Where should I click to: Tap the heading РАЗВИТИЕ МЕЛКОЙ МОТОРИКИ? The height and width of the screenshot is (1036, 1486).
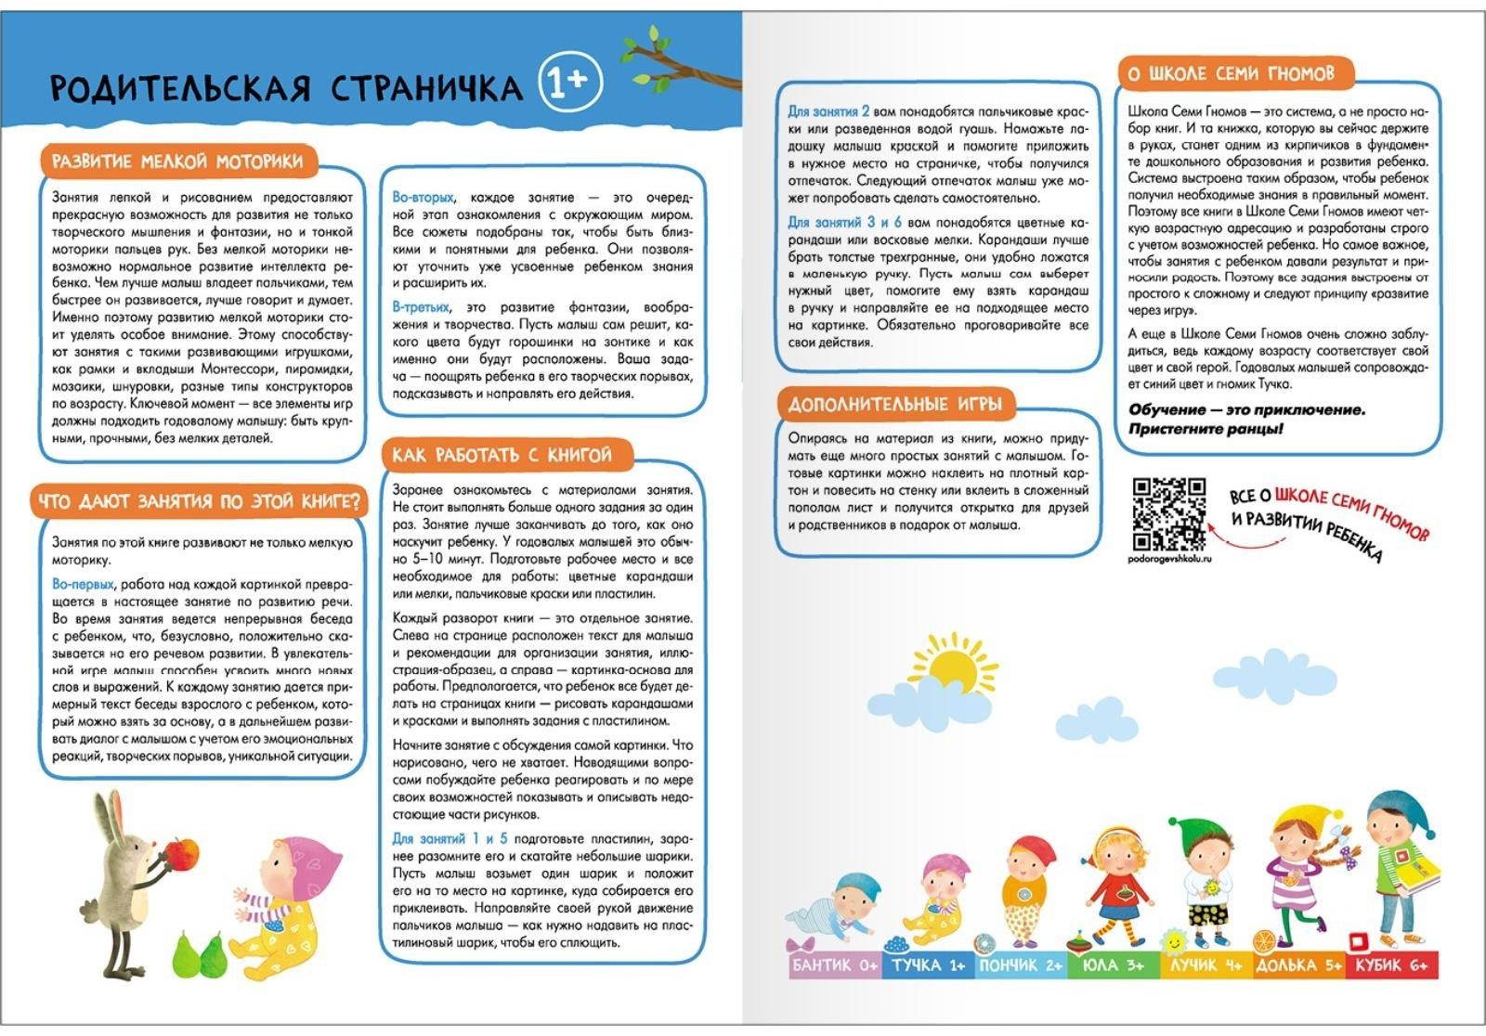[177, 162]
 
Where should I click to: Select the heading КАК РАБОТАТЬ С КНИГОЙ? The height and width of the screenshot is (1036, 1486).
[502, 455]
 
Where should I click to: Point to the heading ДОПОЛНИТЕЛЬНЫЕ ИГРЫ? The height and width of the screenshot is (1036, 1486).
[895, 405]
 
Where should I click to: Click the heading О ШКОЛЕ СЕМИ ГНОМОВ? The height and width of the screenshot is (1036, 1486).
[1231, 73]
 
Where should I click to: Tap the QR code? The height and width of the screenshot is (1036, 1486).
[1169, 513]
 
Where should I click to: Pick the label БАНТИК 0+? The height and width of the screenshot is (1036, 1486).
[834, 965]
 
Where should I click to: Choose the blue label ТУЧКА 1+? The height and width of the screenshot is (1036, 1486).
[929, 965]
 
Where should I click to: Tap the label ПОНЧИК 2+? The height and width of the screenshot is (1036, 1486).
[1021, 965]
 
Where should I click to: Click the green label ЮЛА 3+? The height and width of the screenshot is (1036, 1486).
[1113, 965]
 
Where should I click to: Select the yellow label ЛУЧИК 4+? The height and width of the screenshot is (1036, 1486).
[1206, 965]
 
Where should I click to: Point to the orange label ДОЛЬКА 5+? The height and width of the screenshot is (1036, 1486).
[1298, 965]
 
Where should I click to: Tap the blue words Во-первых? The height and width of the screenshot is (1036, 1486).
[83, 584]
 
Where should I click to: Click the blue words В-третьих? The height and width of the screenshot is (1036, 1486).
[421, 307]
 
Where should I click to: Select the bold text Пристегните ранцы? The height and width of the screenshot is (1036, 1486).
[1206, 429]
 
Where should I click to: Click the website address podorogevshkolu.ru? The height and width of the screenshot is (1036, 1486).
[1169, 559]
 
